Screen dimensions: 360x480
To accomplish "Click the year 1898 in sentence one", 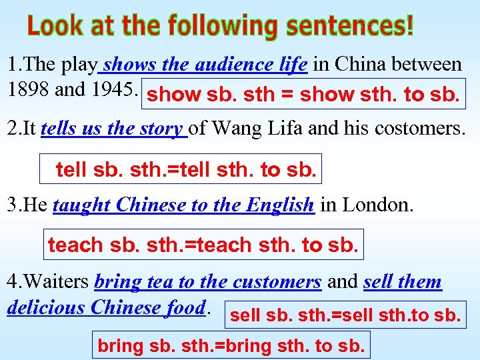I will [27, 89].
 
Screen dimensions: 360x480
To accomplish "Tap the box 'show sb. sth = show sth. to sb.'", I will [303, 95].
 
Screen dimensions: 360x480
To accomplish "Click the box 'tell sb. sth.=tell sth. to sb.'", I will [181, 169].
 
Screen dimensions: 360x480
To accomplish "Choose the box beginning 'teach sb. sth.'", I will [203, 245].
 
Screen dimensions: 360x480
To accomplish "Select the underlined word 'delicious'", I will [45, 307].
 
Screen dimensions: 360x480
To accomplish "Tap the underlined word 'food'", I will [186, 307].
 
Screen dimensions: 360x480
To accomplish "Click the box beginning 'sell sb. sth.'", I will [345, 314].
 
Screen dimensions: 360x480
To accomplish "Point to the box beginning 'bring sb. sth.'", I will [231, 345].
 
